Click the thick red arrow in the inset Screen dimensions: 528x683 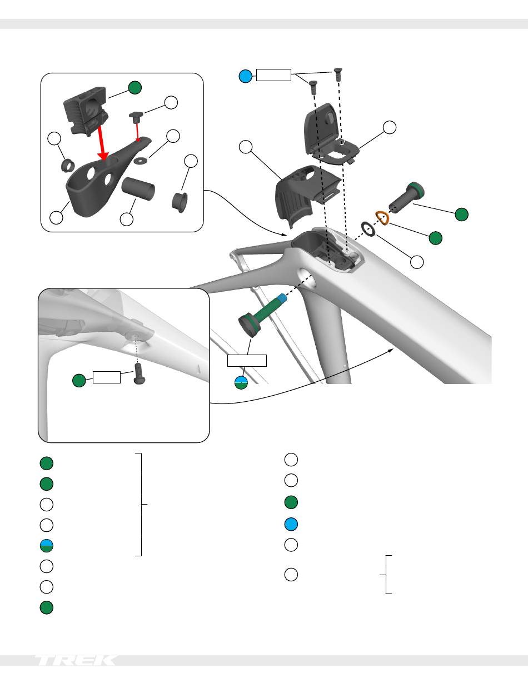tap(102, 142)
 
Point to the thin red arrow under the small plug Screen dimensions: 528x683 tap(137, 131)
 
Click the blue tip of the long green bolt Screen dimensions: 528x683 tap(282, 298)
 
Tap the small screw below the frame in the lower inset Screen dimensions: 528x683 tap(138, 373)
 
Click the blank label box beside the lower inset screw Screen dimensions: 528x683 tap(107, 377)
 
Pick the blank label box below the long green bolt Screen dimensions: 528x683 tap(247, 361)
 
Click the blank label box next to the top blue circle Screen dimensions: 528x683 tap(273, 75)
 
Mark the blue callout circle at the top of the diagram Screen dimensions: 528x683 tap(246, 76)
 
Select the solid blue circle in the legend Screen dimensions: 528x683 tap(291, 524)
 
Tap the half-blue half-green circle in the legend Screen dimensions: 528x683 tap(47, 546)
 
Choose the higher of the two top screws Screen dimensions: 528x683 tap(338, 74)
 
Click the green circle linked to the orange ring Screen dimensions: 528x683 tap(436, 238)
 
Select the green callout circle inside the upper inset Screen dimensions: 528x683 tap(135, 87)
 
